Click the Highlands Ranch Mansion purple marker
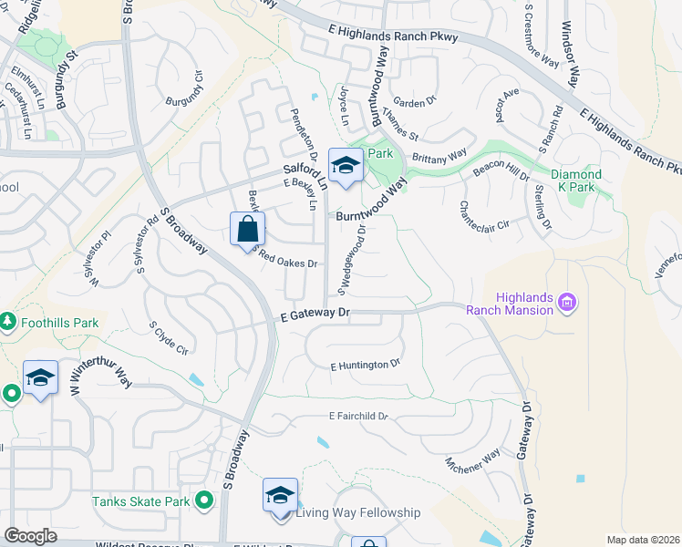566,301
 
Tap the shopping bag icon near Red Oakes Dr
247,229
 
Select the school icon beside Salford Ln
346,165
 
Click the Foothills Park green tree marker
8,322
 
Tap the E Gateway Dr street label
313,313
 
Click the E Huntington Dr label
365,365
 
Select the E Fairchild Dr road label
358,417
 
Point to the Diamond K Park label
576,181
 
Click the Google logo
30,536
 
